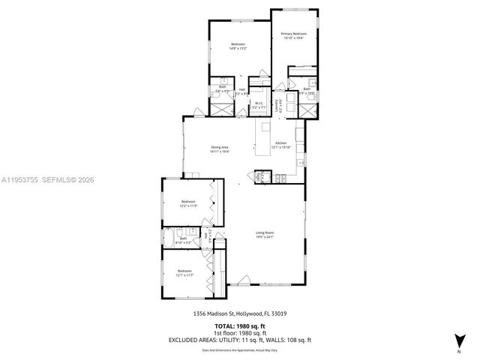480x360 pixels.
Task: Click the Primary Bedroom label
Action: [x=294, y=34]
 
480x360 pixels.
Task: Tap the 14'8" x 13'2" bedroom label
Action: [x=238, y=46]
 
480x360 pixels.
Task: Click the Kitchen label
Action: [x=280, y=143]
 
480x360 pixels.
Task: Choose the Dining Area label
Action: [x=220, y=148]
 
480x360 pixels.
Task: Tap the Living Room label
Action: [x=264, y=233]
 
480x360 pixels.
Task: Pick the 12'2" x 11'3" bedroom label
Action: [x=188, y=202]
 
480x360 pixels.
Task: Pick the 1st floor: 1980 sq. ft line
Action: [x=239, y=333]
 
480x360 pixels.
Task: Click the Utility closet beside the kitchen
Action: [x=260, y=177]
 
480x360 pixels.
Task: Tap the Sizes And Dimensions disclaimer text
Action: [x=239, y=349]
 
